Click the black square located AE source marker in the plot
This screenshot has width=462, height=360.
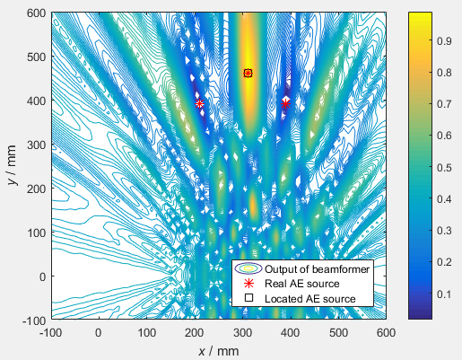tap(248, 74)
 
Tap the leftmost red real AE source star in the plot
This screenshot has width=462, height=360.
tap(199, 104)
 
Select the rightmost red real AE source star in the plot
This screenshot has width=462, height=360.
tap(286, 104)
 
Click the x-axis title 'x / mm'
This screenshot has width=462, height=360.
tap(218, 349)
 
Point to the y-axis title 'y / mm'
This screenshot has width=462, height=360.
tap(13, 166)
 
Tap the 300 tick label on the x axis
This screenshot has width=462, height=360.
tap(242, 331)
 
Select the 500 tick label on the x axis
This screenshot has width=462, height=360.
tap(338, 331)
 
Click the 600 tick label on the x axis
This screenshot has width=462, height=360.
tap(386, 331)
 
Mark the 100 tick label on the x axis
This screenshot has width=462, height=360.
tap(146, 331)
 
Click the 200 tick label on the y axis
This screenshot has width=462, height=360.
tap(36, 189)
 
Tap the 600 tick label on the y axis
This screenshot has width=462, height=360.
tap(36, 13)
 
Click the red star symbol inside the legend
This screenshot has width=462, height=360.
tap(248, 283)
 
